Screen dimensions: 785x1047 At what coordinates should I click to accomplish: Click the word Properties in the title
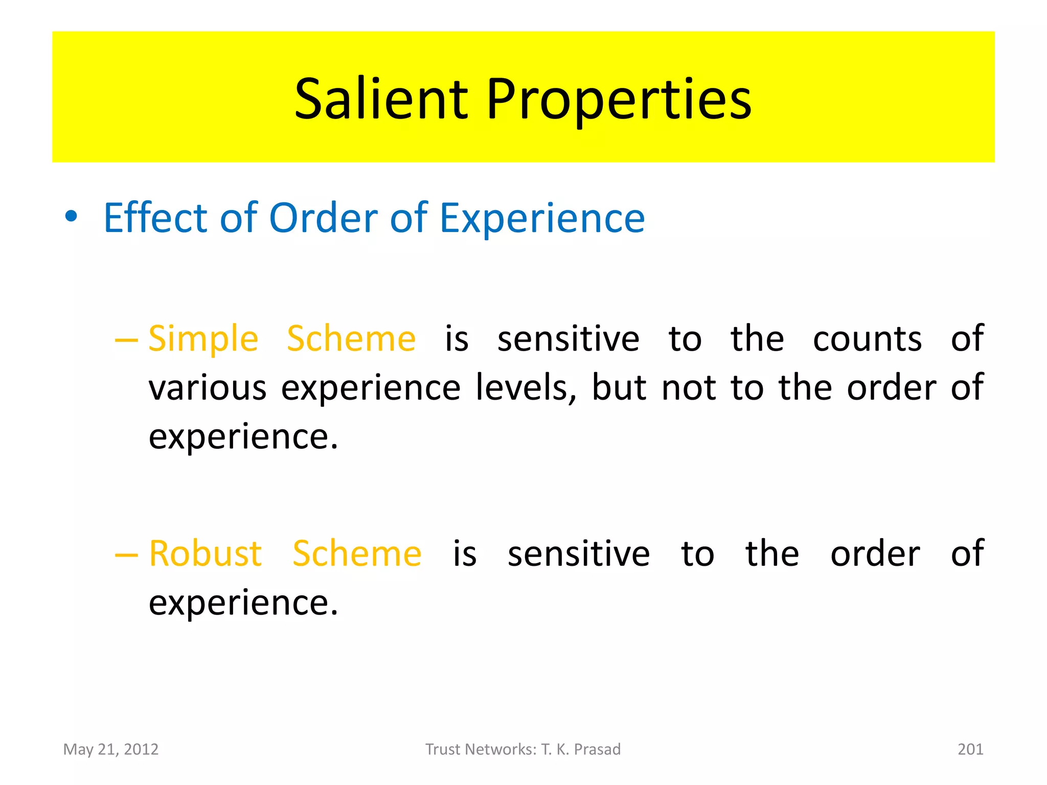point(619,100)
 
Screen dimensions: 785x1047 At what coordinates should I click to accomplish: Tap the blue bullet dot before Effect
point(71,217)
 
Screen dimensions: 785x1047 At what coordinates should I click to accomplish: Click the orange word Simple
point(203,339)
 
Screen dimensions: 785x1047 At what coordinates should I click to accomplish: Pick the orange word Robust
point(205,553)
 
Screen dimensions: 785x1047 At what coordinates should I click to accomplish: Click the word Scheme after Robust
point(357,553)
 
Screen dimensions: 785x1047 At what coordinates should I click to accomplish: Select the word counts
point(867,339)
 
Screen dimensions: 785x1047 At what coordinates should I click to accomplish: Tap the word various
point(208,388)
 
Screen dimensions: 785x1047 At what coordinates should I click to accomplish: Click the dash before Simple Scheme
point(126,339)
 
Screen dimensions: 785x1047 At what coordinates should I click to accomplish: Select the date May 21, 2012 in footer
point(111,749)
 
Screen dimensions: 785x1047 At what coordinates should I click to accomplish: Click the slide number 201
point(970,749)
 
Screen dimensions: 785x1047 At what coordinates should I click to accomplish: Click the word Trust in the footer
point(443,749)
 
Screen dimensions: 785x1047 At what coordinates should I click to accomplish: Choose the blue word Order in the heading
point(322,218)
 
